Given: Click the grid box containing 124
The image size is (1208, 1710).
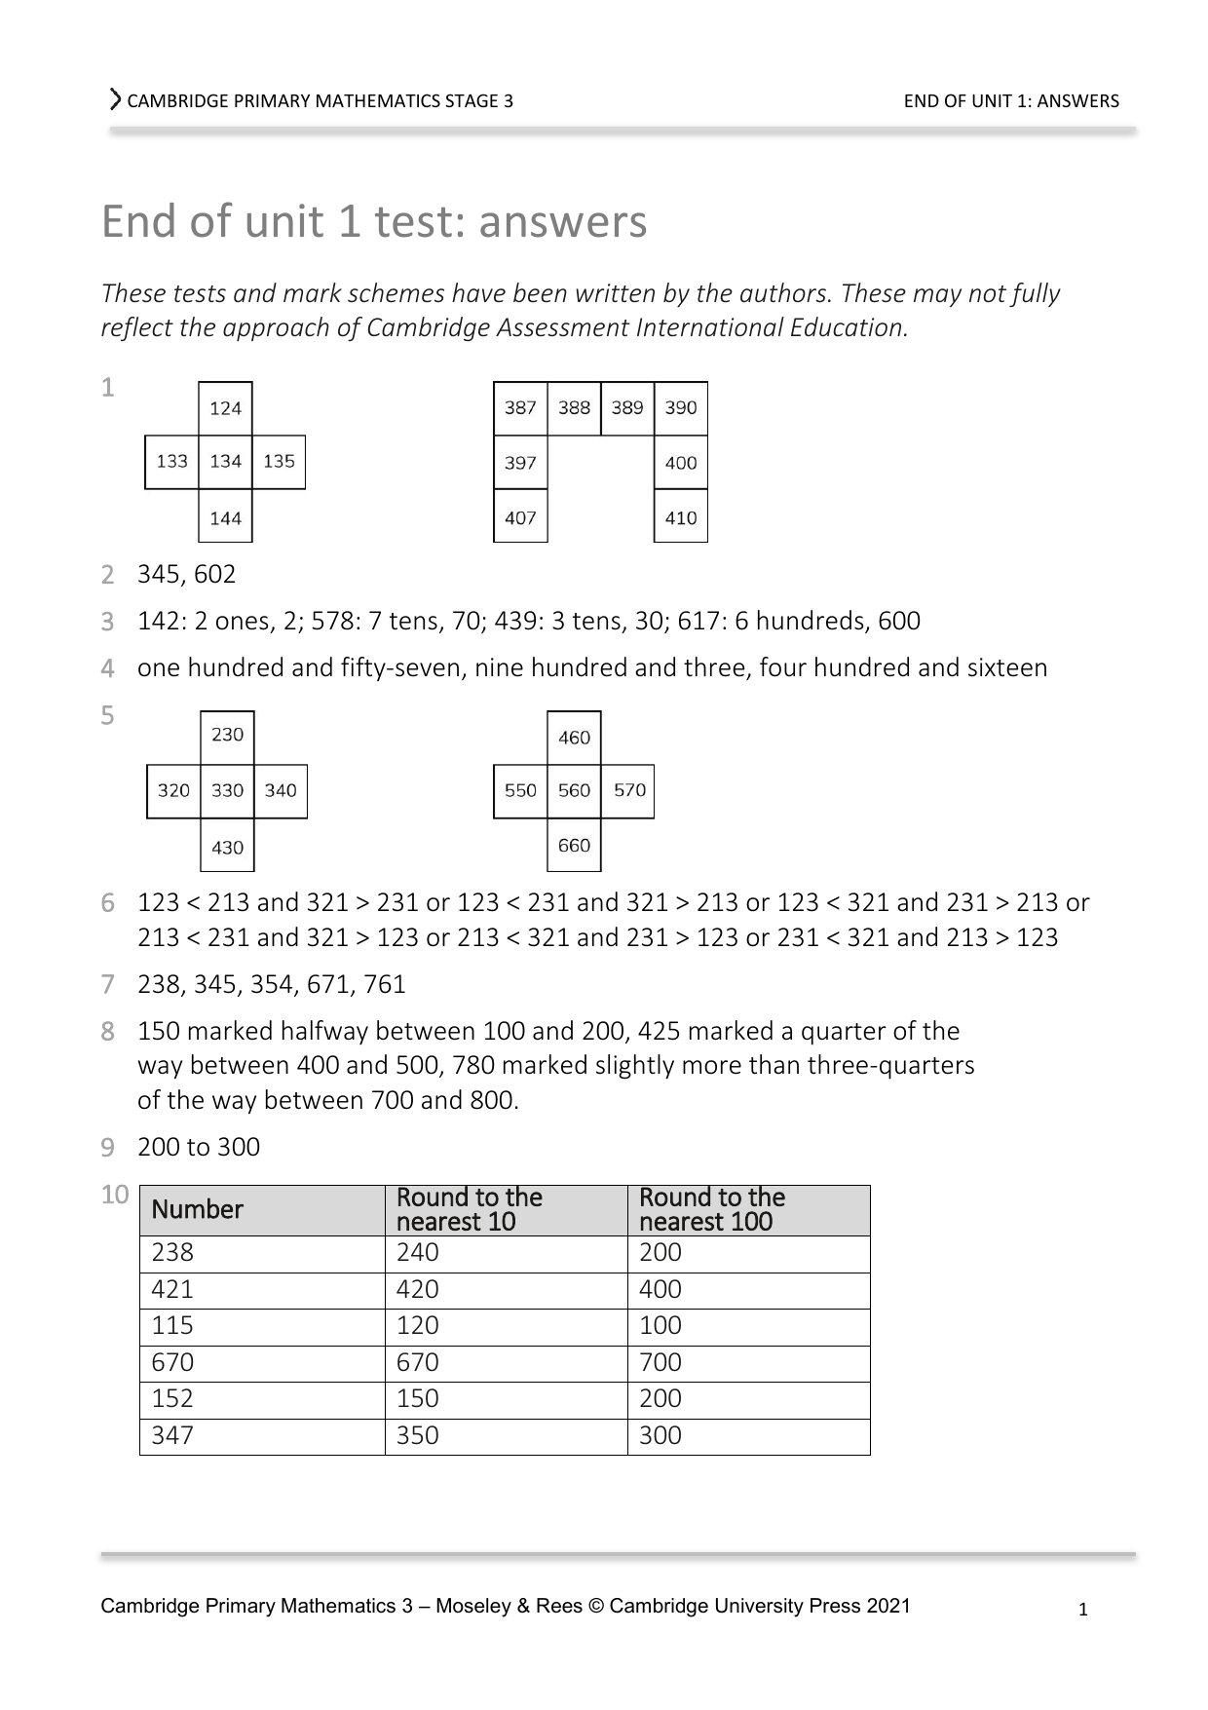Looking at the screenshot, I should point(225,408).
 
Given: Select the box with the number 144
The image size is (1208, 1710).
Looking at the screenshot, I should point(225,516).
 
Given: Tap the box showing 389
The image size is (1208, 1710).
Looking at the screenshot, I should point(627,407).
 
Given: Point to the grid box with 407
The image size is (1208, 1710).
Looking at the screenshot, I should point(520,516).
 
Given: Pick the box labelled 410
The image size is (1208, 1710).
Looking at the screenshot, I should point(680,516).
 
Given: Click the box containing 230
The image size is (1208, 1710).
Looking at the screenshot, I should point(227,736).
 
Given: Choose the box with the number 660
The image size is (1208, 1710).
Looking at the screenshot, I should point(574,845).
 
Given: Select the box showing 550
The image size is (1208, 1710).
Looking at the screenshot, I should point(520,790).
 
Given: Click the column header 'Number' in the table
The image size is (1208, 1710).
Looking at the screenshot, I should point(197,1210).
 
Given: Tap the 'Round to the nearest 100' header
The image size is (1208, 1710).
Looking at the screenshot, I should point(712,1209).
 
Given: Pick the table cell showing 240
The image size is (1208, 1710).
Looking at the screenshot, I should point(417,1253).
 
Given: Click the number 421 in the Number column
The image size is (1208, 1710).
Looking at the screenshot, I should point(172,1290).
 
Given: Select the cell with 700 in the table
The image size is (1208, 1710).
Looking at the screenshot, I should point(661,1363).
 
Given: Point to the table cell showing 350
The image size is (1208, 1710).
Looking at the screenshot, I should point(417,1436).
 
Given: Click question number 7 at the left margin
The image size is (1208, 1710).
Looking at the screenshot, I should point(108,985).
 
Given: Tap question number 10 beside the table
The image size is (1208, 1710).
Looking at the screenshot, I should point(115,1196).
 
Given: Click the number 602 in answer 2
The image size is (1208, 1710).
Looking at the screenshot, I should point(214,575).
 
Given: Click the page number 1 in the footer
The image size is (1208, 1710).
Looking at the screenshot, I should point(1083,1610).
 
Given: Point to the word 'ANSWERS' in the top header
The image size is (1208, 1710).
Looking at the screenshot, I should point(1078,101).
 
